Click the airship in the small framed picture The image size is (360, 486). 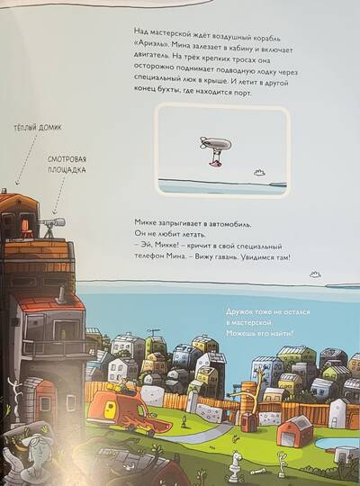(x=216, y=150)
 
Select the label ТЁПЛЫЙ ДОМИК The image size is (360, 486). (x=38, y=128)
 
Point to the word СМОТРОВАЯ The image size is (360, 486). (x=67, y=159)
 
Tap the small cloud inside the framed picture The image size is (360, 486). (x=260, y=173)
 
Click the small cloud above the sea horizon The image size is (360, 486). (x=315, y=274)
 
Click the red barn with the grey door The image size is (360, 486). (x=294, y=428)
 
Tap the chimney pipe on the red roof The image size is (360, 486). (x=61, y=294)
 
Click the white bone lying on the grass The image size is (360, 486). (x=256, y=472)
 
